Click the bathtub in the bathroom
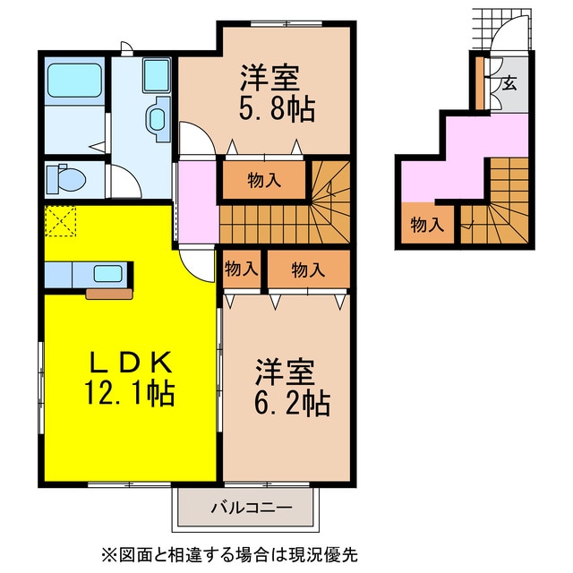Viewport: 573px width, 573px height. click(x=74, y=81)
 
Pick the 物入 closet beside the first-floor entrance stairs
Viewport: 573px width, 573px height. click(x=427, y=224)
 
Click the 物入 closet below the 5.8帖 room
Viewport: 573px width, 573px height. click(x=263, y=180)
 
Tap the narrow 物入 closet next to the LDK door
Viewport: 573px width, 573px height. click(x=241, y=269)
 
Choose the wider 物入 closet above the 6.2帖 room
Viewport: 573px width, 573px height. click(x=307, y=269)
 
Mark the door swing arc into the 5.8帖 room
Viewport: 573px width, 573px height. click(x=194, y=140)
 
